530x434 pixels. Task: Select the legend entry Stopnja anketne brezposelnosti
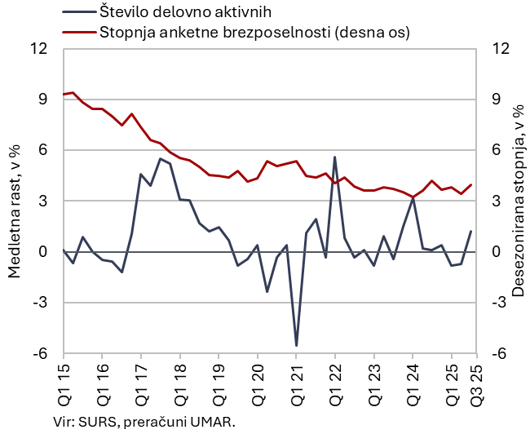coord(253,33)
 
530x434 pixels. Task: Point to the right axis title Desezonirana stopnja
coord(517,201)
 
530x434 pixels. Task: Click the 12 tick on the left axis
coord(38,48)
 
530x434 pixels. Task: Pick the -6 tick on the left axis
coord(40,353)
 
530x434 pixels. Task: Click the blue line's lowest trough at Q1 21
coord(296,345)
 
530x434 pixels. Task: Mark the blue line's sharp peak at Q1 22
coord(335,157)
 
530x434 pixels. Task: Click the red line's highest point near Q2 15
coord(73,92)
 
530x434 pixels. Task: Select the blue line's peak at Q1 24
coord(413,198)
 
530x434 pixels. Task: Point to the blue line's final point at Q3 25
coord(471,231)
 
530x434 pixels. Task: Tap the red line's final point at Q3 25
coord(471,184)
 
